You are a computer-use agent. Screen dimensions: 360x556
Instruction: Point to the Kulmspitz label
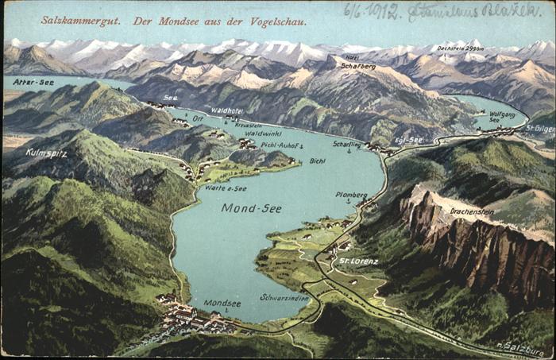46,152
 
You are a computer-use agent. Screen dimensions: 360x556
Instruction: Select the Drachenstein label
472,212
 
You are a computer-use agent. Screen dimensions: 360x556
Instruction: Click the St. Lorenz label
359,261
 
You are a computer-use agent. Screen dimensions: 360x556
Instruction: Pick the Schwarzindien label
284,297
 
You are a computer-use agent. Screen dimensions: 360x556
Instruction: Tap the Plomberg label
351,195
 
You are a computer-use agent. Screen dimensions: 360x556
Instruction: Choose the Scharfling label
347,144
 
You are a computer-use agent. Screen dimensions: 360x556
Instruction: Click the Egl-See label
409,139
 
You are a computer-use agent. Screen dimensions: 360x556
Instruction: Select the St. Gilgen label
540,127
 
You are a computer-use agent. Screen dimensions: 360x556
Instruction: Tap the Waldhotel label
226,110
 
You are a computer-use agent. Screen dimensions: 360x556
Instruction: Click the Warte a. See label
226,188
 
